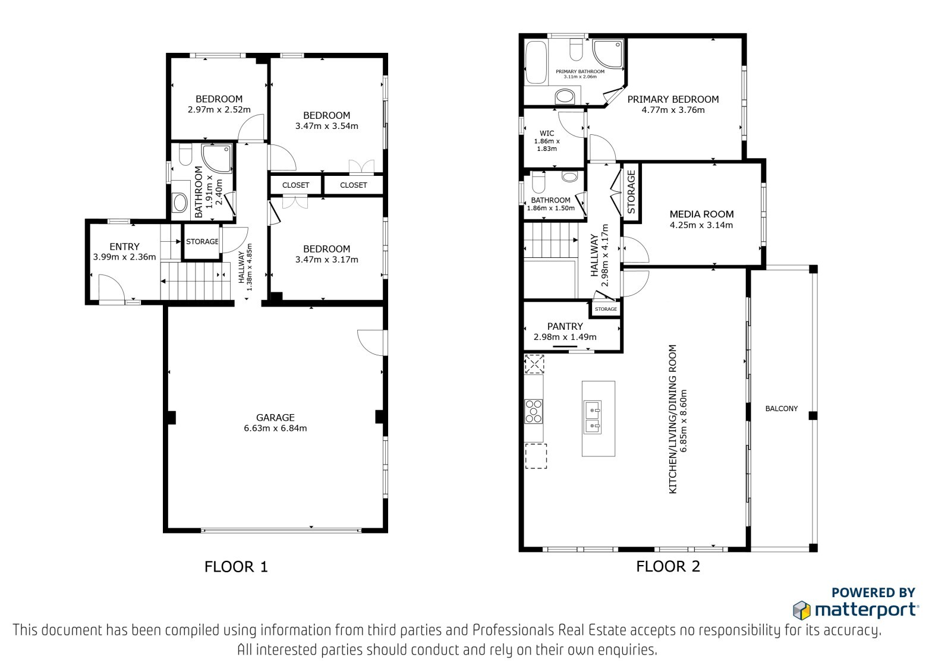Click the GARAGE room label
point(275,417)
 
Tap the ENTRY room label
point(124,247)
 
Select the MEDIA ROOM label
point(701,214)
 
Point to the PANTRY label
point(565,326)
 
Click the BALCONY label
point(781,408)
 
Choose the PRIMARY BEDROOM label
point(673,99)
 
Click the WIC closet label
point(547,133)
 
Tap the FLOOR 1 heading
point(236,567)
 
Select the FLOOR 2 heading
point(668,566)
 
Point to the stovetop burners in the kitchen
point(533,411)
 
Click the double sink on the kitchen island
point(592,417)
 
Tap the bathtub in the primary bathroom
point(536,62)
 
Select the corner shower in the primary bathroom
point(608,53)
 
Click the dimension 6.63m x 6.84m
point(275,428)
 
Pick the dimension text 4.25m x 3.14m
point(701,225)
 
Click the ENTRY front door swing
point(112,288)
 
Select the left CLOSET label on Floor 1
point(295,185)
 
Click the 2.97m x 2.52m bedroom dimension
point(219,109)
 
